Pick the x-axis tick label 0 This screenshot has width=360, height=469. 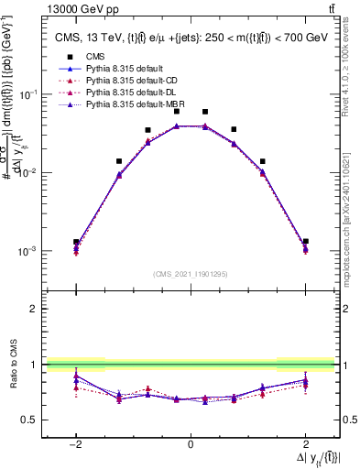190,444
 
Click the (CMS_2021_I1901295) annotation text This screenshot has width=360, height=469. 190,274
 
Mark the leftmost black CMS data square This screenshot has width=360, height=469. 76,242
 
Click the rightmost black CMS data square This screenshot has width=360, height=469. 305,241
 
